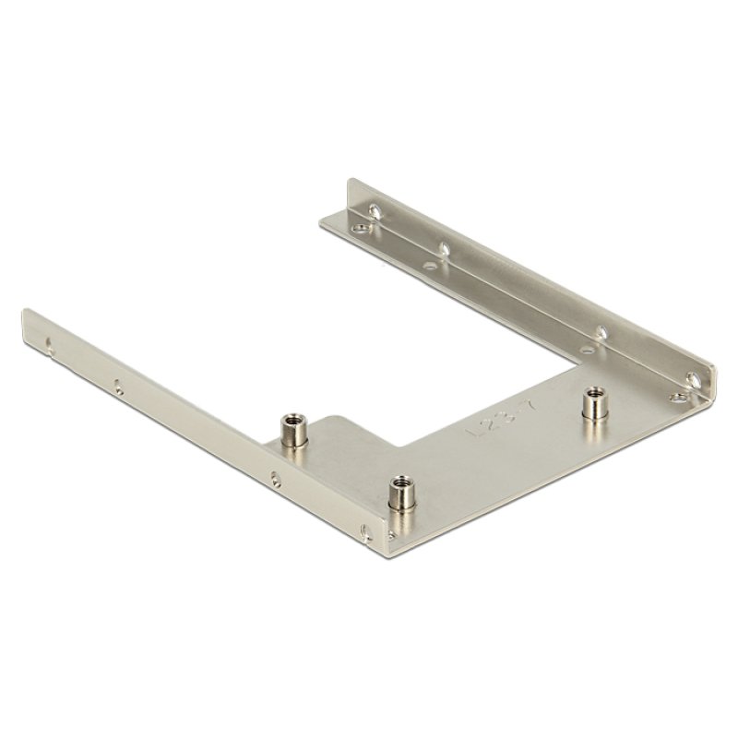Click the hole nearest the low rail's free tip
[x=48, y=349]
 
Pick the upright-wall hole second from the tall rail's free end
[x=445, y=247]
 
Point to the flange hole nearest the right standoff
[x=587, y=350]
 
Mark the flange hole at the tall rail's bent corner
[x=676, y=397]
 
